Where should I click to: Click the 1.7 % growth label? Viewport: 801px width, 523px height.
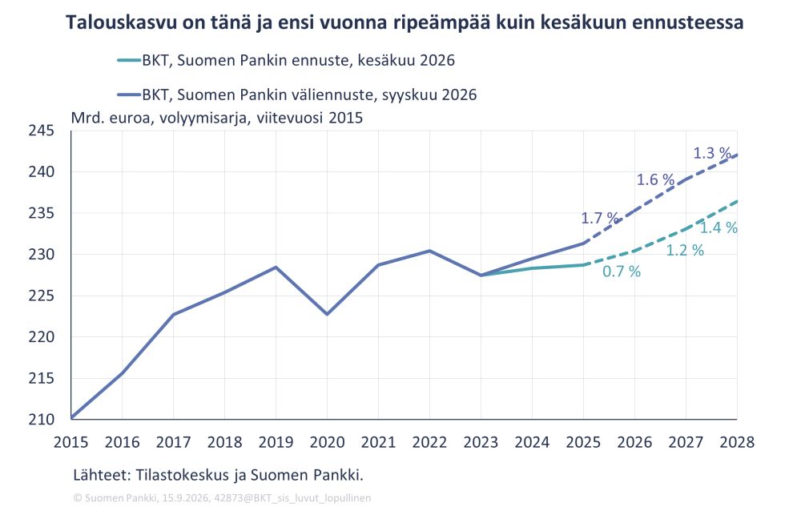(600, 218)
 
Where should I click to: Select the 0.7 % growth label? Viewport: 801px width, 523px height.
(622, 272)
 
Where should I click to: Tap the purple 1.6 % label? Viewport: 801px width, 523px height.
(655, 179)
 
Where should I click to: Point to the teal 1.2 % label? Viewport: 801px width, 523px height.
(685, 250)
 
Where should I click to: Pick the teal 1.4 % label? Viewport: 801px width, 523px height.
(718, 227)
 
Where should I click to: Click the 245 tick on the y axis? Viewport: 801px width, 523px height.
(41, 131)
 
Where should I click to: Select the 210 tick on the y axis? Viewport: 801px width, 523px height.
(41, 420)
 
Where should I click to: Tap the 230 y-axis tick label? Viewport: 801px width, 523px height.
(41, 255)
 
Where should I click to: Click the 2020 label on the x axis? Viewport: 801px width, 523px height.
(328, 442)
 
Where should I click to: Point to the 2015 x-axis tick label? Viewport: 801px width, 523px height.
(71, 442)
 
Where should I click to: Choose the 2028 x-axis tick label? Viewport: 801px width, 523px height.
(737, 442)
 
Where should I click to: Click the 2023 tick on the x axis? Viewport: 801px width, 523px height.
(481, 442)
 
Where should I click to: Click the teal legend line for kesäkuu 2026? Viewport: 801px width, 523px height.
(129, 60)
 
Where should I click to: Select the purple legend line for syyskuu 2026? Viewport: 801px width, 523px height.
(129, 95)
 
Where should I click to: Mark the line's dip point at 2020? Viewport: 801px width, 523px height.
(328, 314)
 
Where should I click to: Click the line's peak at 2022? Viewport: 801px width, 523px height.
(429, 251)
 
